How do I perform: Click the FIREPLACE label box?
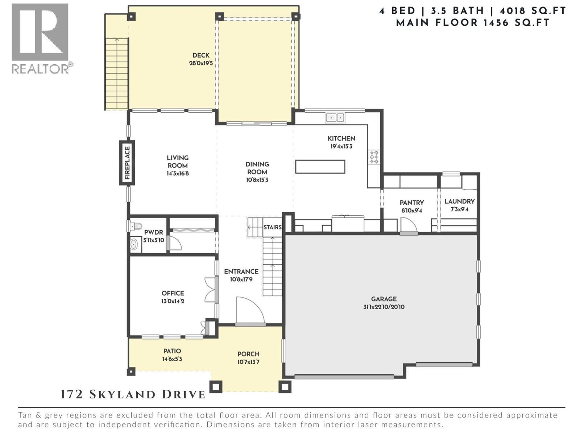(127, 163)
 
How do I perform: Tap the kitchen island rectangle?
(320, 167)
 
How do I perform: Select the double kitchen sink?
(335, 117)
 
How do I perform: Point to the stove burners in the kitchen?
(374, 157)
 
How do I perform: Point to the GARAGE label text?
(384, 299)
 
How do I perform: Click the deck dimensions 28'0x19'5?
(200, 63)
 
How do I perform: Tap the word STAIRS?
(272, 227)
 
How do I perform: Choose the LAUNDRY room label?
(459, 201)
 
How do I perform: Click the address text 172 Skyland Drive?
(133, 394)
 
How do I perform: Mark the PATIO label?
(172, 351)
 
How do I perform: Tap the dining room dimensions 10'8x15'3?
(257, 180)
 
